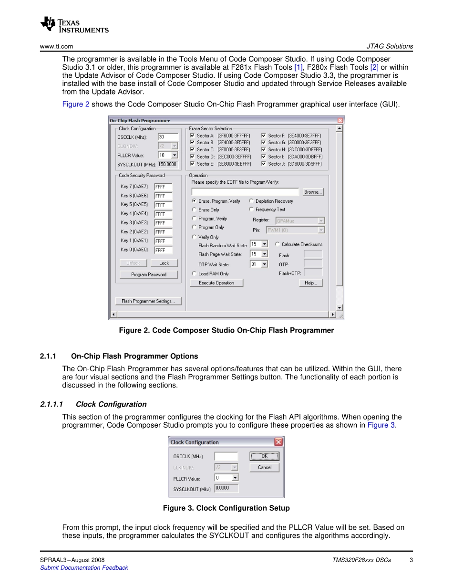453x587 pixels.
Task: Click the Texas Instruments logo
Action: [74, 25]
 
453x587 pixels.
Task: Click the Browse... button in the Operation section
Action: [313, 192]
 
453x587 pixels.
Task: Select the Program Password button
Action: [148, 274]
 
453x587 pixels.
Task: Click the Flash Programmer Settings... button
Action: [148, 301]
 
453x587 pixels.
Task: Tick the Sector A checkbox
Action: [193, 136]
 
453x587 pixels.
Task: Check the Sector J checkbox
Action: [264, 164]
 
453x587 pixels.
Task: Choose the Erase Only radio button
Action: [194, 210]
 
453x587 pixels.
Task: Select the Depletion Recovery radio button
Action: [251, 201]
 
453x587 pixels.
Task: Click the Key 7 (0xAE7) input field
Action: [163, 187]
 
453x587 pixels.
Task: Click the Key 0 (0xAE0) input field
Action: [163, 250]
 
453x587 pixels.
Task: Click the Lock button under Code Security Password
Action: [164, 263]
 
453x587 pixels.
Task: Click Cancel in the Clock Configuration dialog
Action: [264, 467]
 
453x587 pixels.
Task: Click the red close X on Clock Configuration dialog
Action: [278, 442]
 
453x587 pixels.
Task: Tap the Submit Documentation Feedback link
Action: [84, 567]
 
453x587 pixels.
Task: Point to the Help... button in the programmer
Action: [310, 283]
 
